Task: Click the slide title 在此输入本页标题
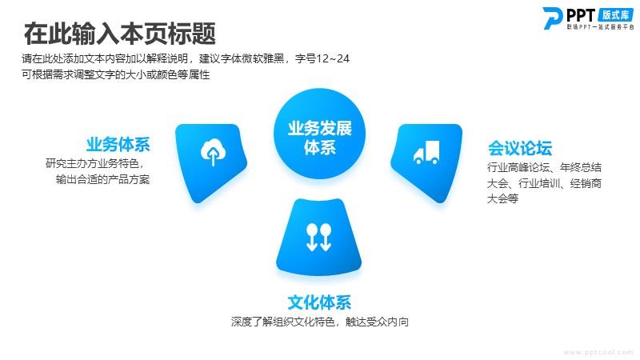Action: point(119,34)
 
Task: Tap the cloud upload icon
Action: point(213,152)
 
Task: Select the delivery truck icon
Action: point(426,152)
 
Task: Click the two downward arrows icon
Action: point(318,237)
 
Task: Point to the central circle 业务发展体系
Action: point(319,134)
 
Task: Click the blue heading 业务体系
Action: point(118,145)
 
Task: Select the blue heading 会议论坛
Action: point(520,148)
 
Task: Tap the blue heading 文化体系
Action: point(319,302)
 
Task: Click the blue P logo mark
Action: point(552,18)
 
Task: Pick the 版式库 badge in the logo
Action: point(615,15)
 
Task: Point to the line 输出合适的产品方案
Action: point(103,179)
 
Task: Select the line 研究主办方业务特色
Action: point(94,164)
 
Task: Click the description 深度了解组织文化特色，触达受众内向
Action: point(319,322)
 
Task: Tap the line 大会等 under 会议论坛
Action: point(502,198)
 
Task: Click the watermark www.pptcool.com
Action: point(598,352)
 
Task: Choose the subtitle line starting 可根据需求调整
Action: point(115,74)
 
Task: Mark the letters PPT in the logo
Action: point(581,15)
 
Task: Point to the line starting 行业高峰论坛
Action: point(544,167)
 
